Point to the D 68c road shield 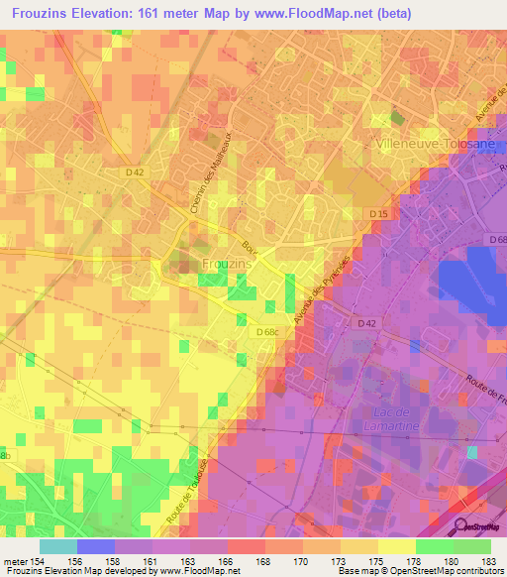266,332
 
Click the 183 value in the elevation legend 488,561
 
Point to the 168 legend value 262,561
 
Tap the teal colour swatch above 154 57,546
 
